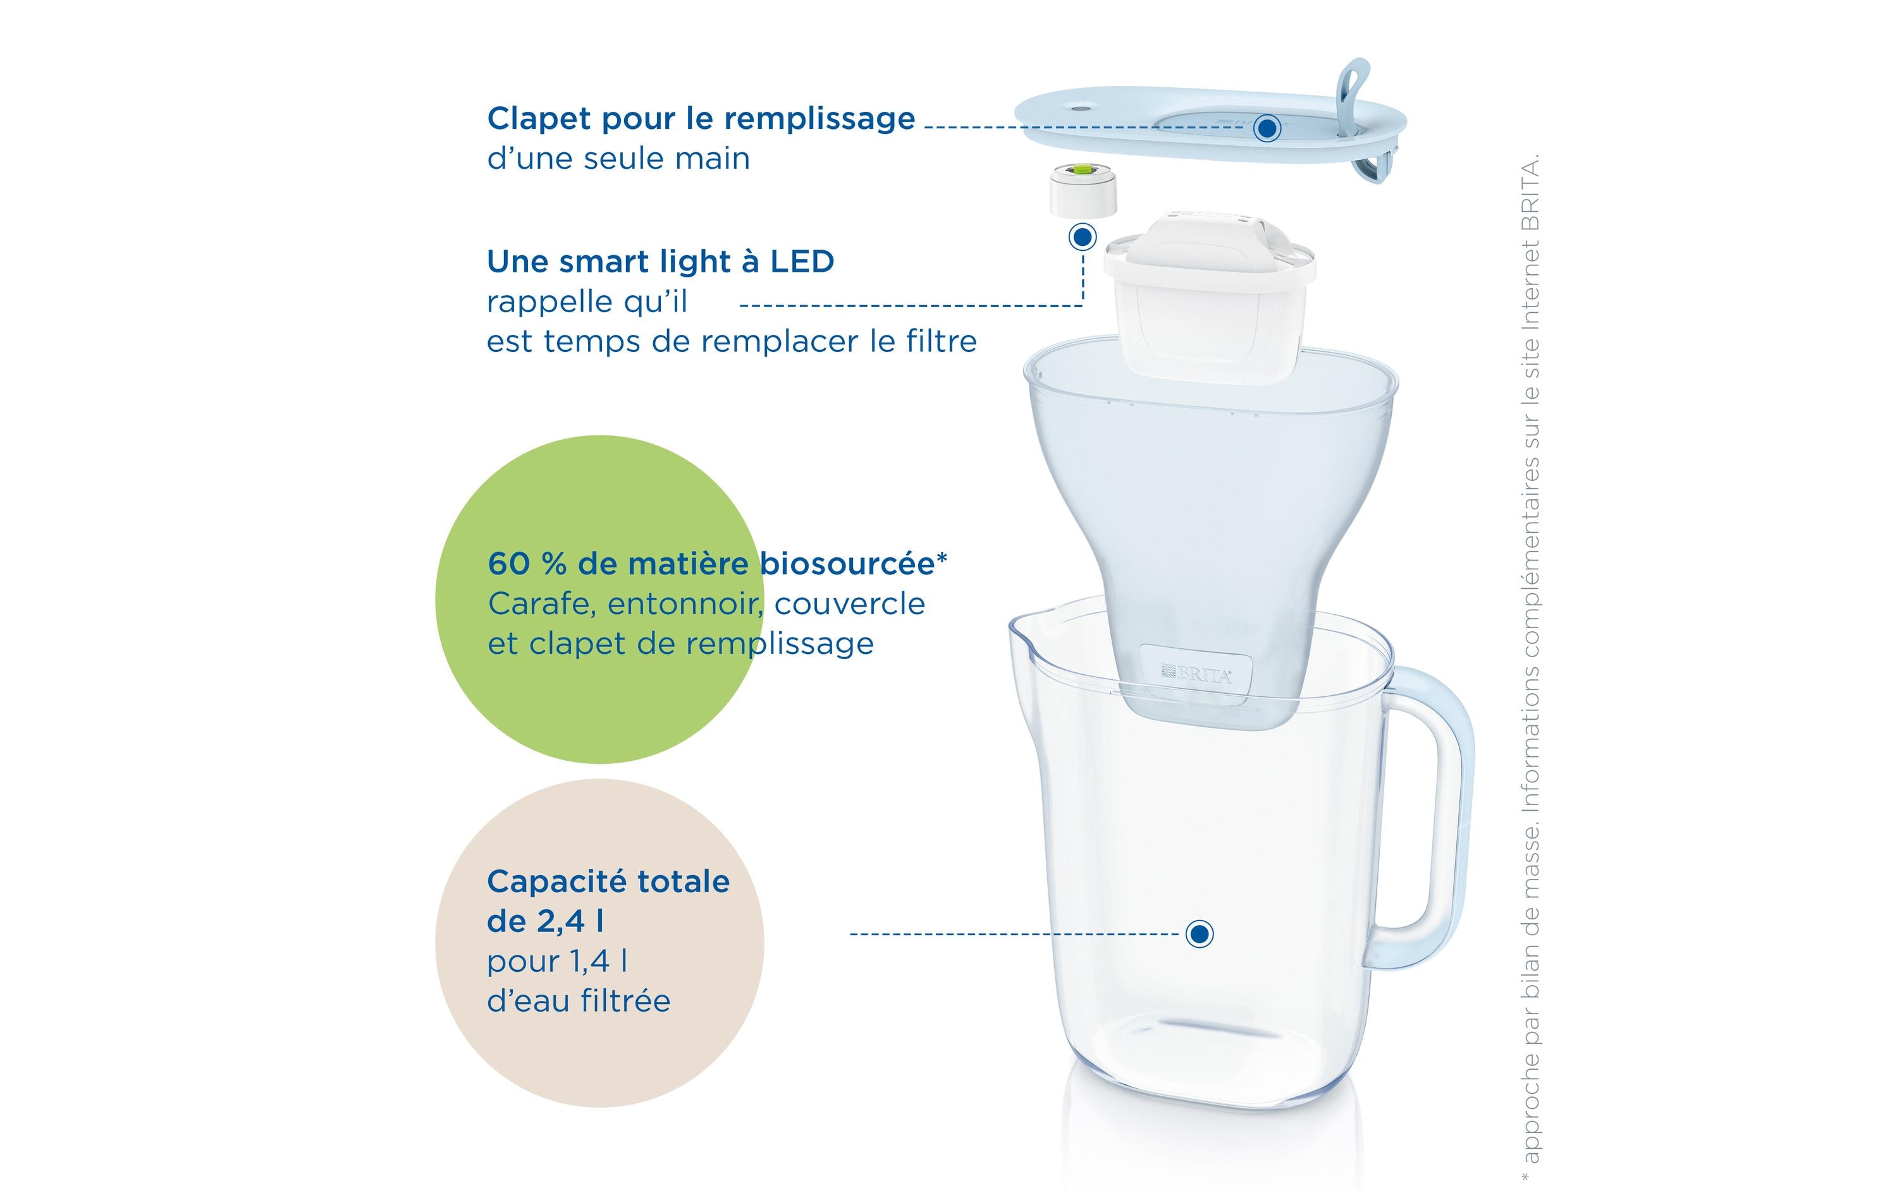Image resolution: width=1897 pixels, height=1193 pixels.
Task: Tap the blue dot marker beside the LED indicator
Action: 1083,236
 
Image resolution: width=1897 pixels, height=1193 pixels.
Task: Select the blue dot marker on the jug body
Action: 1199,934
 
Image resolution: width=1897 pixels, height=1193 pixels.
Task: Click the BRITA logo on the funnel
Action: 1198,674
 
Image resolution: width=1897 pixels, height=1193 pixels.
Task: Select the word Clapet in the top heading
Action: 538,119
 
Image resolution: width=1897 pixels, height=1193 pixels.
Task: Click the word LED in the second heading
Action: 802,262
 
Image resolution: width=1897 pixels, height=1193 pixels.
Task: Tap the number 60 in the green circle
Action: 508,564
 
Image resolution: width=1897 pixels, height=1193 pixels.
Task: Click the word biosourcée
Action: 847,564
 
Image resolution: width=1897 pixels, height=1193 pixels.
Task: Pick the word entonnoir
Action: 685,604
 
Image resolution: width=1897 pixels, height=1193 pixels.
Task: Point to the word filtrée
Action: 625,1001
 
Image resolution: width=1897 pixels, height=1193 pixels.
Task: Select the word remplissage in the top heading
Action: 820,119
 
